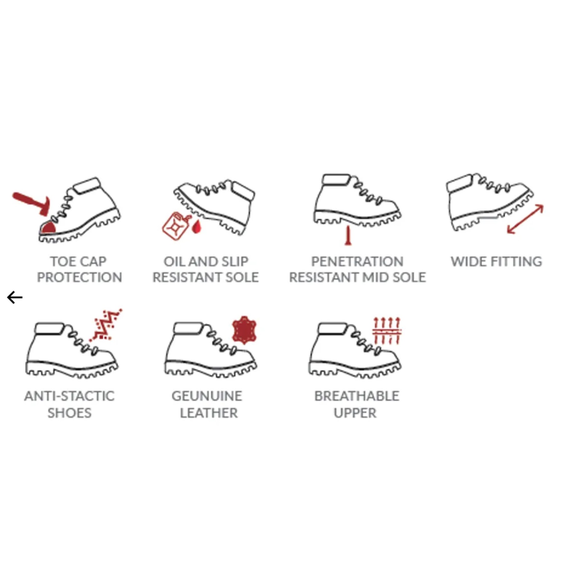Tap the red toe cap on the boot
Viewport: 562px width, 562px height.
(49, 227)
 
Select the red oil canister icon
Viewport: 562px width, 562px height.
(176, 226)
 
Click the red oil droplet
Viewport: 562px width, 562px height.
(196, 227)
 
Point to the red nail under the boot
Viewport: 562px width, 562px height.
(348, 236)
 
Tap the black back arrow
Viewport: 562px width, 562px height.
(15, 297)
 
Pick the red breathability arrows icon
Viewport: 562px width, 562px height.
(387, 331)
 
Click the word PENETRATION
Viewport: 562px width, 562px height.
(357, 262)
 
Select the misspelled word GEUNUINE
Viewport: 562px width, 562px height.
(207, 396)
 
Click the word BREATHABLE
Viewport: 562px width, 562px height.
(357, 396)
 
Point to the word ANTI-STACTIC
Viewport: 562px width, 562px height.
(69, 396)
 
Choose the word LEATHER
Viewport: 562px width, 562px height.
(209, 413)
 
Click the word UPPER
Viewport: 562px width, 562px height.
(355, 413)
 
